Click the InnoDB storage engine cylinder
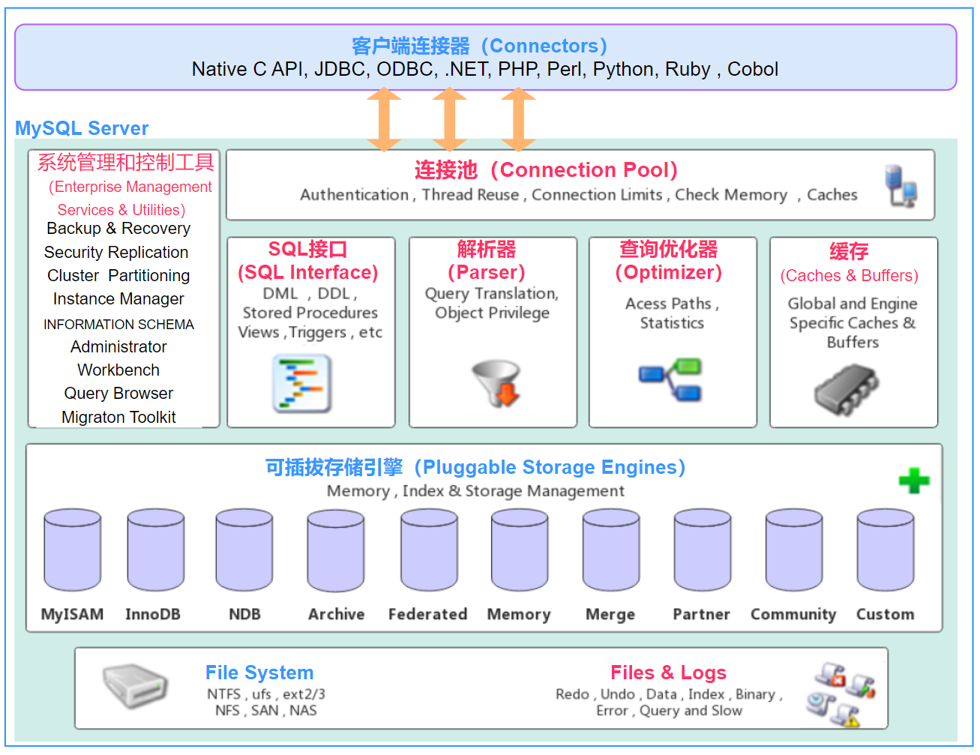[156, 550]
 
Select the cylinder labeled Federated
[429, 550]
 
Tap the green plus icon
[914, 480]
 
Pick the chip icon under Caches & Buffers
[847, 389]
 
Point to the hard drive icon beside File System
[135, 685]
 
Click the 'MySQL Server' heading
[82, 128]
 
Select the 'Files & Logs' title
[668, 672]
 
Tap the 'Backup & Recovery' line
[118, 229]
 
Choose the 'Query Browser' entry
[118, 393]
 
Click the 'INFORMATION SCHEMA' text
[118, 324]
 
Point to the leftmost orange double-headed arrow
[384, 119]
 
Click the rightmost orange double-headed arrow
[518, 119]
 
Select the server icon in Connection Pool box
[901, 186]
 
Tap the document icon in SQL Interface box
[301, 383]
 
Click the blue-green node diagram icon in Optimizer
[670, 379]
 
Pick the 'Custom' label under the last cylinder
[886, 614]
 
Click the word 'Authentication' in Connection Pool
[355, 195]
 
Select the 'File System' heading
[259, 672]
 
